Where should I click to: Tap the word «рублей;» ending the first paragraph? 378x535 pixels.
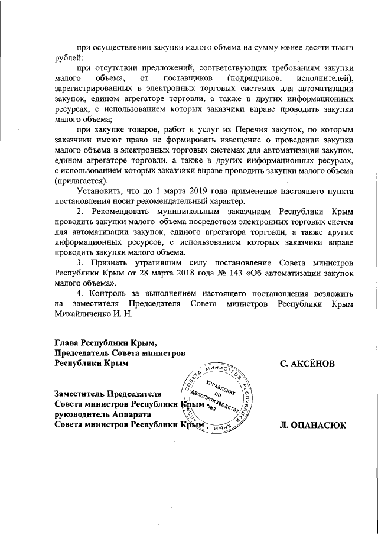point(69,57)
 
